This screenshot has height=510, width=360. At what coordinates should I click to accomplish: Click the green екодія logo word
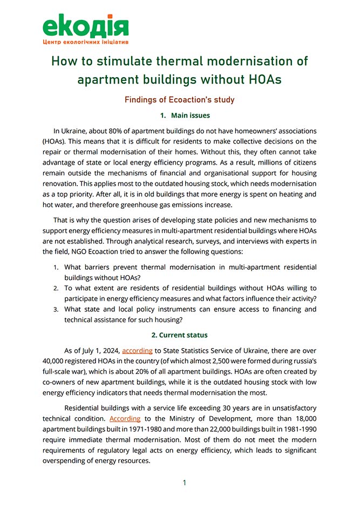[85, 25]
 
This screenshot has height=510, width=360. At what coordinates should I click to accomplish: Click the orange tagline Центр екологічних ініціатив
[85, 42]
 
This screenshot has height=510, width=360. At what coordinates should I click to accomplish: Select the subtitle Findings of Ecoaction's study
[180, 100]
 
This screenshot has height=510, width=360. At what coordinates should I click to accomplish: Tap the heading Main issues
[190, 115]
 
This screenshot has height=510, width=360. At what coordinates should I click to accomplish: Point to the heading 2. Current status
[180, 335]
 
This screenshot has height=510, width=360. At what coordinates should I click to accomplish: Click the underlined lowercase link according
[138, 350]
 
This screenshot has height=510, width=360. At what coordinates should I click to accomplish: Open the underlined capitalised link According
[125, 418]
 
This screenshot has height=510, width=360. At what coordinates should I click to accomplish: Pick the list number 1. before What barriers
[56, 267]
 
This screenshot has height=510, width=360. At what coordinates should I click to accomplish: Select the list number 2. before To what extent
[56, 288]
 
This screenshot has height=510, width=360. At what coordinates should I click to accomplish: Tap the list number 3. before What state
[56, 309]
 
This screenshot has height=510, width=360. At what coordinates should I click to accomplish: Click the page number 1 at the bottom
[184, 482]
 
